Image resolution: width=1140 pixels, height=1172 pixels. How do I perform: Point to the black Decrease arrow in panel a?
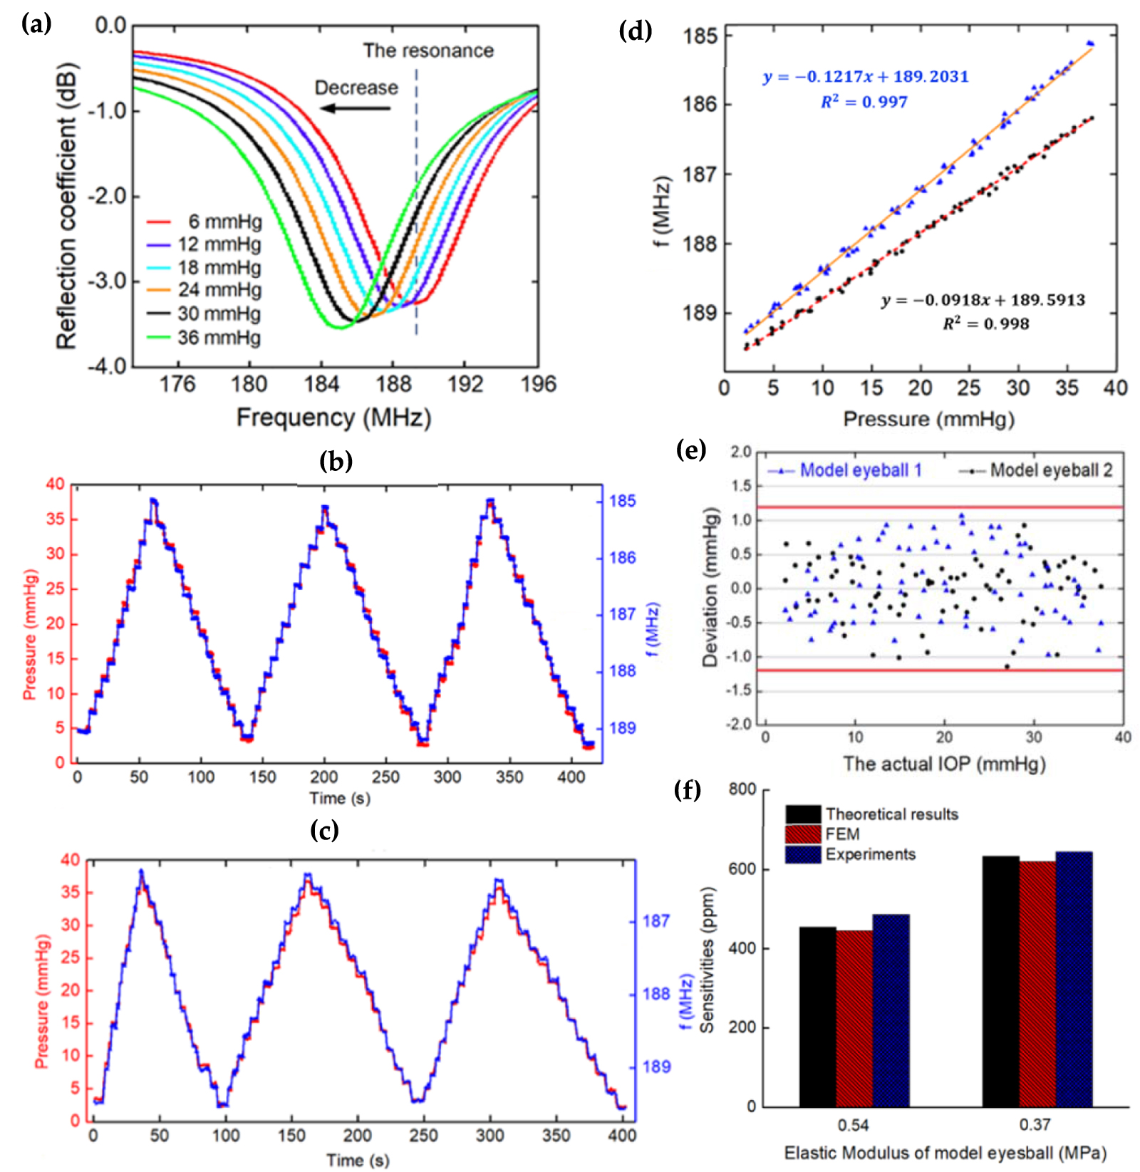tap(355, 108)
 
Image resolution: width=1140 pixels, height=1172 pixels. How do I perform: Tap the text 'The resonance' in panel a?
tap(428, 51)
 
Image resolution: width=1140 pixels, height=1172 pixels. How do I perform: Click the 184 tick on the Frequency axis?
tap(321, 385)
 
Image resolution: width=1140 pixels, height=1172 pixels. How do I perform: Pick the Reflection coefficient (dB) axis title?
tap(66, 207)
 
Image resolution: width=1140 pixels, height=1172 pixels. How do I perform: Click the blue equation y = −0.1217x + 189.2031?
tap(866, 77)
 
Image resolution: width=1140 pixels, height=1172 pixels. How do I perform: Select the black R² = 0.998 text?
tap(986, 324)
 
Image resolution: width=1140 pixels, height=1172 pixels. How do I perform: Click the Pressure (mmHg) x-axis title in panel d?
tap(928, 419)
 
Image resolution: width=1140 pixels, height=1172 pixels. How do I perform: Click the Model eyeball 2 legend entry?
tap(1050, 470)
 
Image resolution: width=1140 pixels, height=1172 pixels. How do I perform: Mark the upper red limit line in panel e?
tap(940, 507)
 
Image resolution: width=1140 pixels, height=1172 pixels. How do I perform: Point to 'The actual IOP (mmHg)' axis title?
tap(944, 764)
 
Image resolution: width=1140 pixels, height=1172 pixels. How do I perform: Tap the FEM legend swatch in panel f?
tap(804, 834)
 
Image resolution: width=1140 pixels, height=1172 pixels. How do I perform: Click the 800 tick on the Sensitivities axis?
tap(742, 789)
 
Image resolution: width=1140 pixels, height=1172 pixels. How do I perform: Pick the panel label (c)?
tap(324, 830)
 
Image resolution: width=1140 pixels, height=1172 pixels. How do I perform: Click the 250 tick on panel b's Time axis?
tap(385, 777)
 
